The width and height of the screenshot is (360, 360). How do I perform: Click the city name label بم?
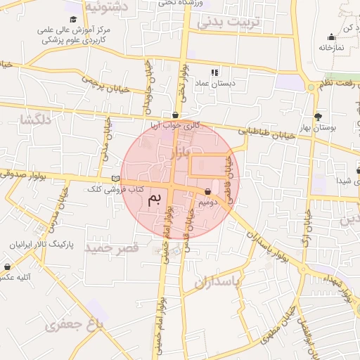tap(155, 200)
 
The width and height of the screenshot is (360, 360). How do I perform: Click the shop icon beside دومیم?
tap(208, 191)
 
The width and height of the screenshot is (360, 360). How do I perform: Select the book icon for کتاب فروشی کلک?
tap(116, 179)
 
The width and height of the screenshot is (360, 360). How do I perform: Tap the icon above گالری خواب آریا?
tap(175, 115)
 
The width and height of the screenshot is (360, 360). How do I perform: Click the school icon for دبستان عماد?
tap(214, 72)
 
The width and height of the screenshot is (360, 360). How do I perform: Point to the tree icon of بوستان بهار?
tap(318, 117)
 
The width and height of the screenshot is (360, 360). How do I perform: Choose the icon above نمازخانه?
tap(330, 37)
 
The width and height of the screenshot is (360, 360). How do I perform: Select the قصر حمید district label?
tap(112, 249)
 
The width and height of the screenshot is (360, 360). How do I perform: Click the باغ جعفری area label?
tap(74, 324)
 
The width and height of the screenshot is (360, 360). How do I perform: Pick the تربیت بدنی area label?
tap(229, 22)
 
